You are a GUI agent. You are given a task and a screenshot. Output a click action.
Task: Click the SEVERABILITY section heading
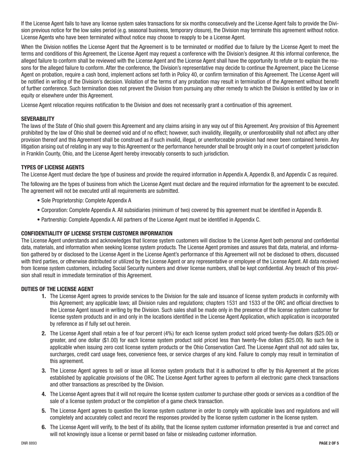(38, 119)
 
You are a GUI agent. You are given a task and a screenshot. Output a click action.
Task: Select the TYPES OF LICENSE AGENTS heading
(53, 167)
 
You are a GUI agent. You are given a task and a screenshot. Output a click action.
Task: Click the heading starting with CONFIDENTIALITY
(97, 233)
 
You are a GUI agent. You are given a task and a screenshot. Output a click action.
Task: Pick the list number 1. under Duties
(44, 296)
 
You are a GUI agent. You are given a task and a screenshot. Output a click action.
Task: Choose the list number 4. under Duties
(44, 394)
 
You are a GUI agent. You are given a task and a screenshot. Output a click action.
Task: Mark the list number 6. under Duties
(44, 427)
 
